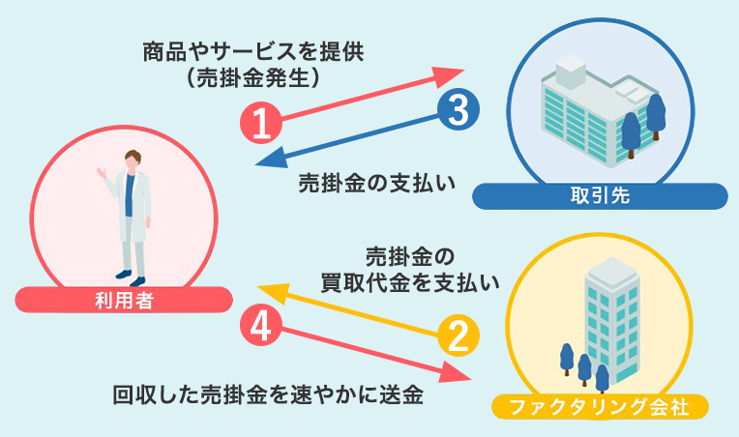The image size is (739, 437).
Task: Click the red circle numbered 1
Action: [x=261, y=122]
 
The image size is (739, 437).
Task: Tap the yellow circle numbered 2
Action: [x=459, y=335]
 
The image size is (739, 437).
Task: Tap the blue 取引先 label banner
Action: [x=600, y=196]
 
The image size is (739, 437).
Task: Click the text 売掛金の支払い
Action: [x=376, y=184]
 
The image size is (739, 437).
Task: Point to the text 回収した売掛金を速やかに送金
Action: [x=268, y=394]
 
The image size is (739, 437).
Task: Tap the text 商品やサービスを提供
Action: [x=255, y=50]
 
